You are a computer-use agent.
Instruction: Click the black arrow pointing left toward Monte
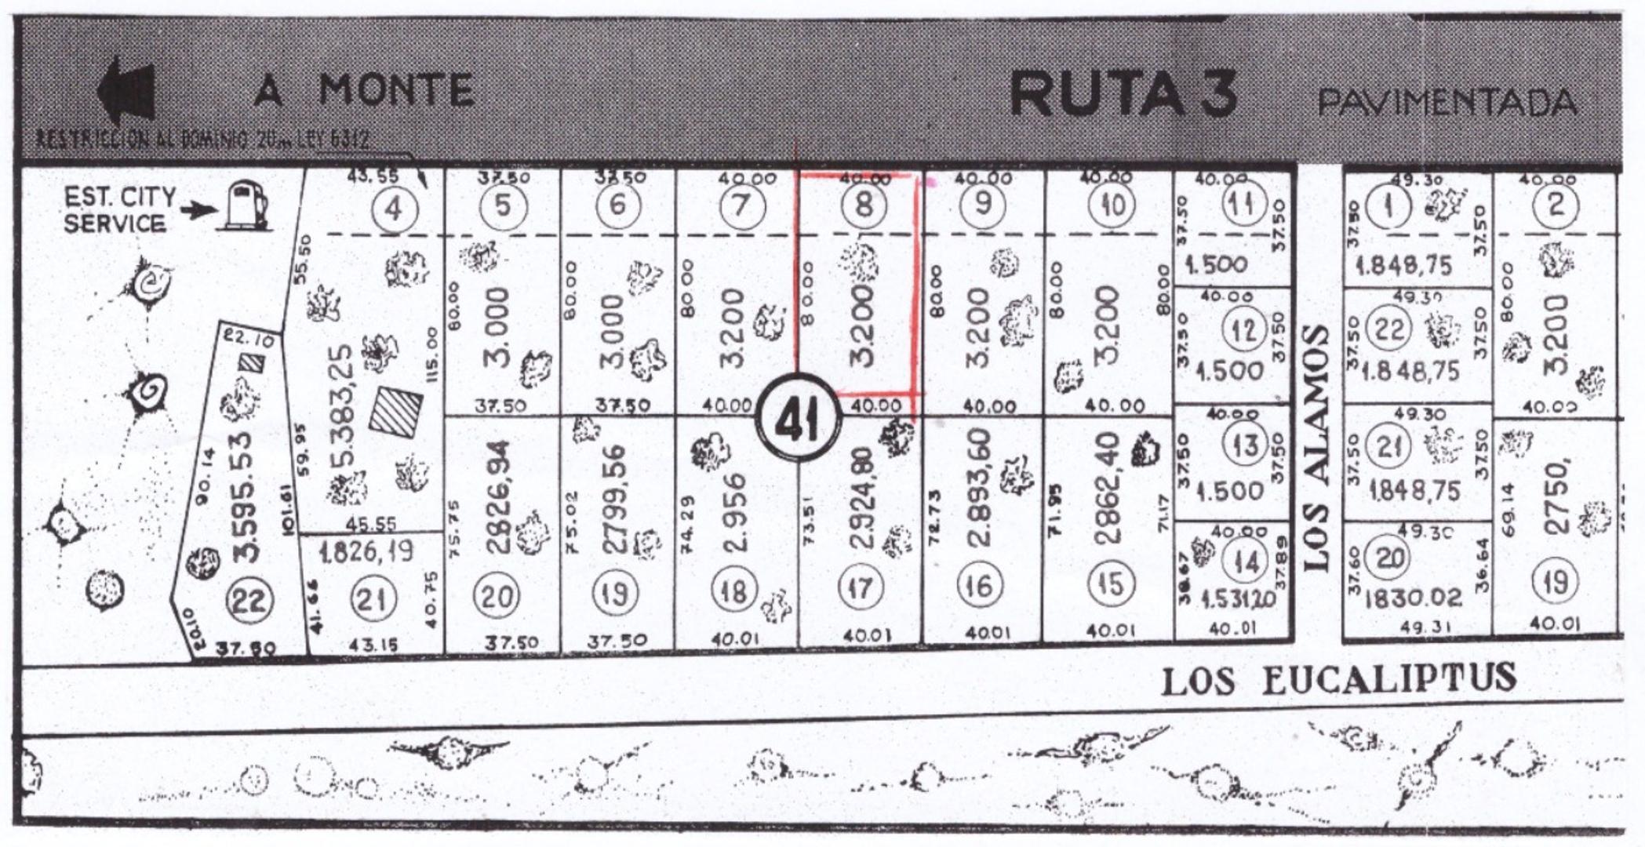click(x=126, y=90)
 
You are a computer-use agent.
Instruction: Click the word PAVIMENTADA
click(x=1447, y=103)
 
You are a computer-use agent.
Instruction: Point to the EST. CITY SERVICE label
click(x=119, y=209)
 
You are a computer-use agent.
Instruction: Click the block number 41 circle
click(x=798, y=420)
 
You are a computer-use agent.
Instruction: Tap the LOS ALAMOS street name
click(x=1318, y=447)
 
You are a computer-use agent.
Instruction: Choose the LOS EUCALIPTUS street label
click(x=1338, y=679)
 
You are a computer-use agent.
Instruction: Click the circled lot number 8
click(x=863, y=205)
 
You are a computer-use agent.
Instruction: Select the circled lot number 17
click(x=860, y=587)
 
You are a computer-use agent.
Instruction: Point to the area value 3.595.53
click(x=246, y=495)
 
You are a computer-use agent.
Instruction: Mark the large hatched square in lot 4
click(x=396, y=410)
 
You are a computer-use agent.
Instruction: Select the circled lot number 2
click(x=1556, y=205)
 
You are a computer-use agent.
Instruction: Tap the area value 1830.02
click(x=1413, y=598)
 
